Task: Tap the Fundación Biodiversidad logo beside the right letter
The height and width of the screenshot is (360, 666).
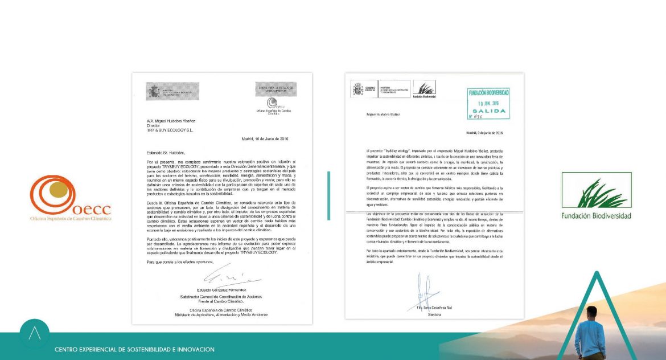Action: tap(596, 195)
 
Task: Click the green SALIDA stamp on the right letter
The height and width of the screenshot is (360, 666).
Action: tap(488, 103)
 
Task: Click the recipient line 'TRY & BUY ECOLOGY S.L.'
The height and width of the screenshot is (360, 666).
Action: tap(170, 129)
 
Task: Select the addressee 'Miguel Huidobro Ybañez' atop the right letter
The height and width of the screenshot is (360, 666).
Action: tap(384, 114)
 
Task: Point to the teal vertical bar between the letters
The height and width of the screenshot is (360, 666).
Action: tap(328, 195)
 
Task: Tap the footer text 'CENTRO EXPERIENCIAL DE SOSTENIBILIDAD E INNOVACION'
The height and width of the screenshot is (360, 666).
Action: tap(135, 349)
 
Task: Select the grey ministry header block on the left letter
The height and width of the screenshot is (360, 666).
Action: tap(172, 91)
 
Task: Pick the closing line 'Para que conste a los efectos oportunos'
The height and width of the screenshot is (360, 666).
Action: tap(180, 261)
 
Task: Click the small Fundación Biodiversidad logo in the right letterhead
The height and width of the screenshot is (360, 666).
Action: tap(425, 90)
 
